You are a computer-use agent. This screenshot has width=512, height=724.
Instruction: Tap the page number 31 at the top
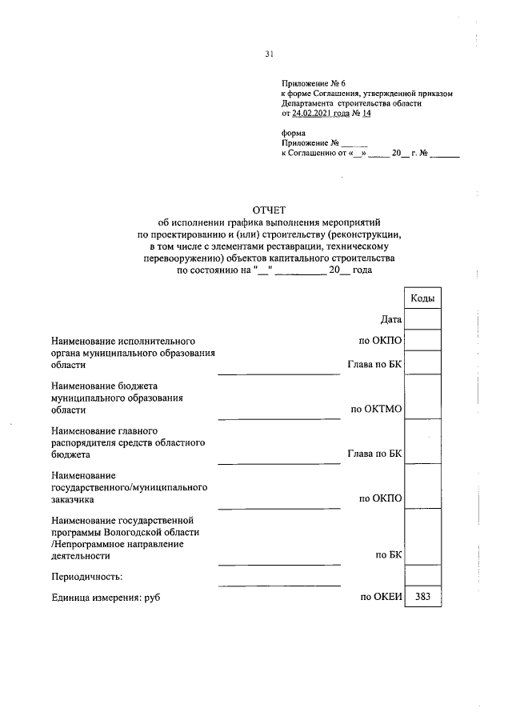click(270, 54)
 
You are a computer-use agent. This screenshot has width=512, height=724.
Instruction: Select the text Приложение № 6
click(313, 84)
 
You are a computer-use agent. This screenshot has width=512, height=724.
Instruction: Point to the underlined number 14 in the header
click(367, 114)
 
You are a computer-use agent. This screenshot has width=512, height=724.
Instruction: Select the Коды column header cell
click(422, 298)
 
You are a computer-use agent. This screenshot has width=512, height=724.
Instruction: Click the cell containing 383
click(422, 597)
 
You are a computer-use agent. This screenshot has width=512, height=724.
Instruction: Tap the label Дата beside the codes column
click(391, 320)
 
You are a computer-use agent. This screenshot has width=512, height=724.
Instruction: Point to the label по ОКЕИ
click(381, 597)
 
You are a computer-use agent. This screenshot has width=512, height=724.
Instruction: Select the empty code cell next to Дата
click(422, 320)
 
